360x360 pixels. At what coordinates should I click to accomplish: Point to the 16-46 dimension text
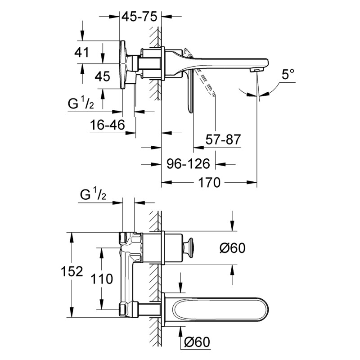point(107,126)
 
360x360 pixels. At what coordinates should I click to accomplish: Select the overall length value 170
point(210,183)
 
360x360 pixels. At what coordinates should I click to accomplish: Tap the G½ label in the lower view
point(93,195)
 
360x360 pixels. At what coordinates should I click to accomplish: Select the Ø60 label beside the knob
point(233,247)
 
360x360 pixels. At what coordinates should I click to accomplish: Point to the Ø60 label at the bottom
point(197,343)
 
